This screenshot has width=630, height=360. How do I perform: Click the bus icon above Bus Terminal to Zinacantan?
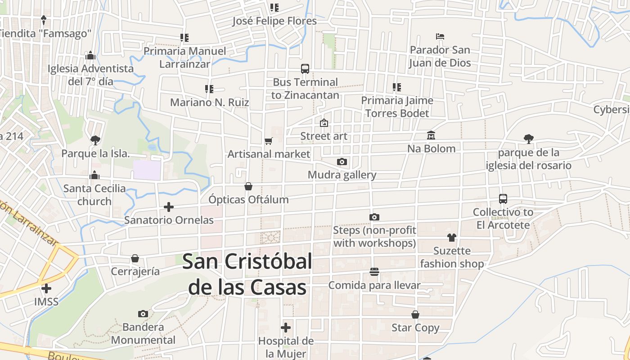tap(305, 69)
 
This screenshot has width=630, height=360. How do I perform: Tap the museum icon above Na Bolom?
tap(431, 135)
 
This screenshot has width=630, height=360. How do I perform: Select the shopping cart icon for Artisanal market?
tap(269, 141)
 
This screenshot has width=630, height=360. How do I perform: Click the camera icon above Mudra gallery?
tap(342, 162)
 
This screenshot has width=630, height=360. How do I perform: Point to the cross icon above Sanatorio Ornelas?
tap(169, 207)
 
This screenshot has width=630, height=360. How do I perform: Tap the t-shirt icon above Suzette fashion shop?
tap(452, 238)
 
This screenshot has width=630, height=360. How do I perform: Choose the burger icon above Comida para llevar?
tap(374, 272)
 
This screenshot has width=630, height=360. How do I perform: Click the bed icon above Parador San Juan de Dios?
tap(440, 36)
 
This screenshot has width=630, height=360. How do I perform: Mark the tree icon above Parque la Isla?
tap(95, 140)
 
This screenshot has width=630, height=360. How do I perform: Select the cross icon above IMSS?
tap(46, 288)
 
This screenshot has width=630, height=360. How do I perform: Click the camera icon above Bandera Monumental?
tap(143, 314)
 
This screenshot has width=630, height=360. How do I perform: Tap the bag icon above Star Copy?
tap(415, 315)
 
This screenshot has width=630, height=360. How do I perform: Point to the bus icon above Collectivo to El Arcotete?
tap(503, 199)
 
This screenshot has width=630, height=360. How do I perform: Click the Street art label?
tap(324, 136)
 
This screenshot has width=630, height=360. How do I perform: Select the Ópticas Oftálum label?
tap(248, 199)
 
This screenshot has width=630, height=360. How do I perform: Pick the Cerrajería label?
tap(135, 271)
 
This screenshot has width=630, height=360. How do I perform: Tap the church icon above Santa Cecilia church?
tap(94, 175)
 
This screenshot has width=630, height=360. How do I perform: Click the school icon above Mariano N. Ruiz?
tap(209, 89)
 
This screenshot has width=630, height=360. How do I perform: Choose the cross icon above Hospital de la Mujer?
tap(286, 328)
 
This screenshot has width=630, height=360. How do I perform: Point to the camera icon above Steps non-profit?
tap(374, 217)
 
